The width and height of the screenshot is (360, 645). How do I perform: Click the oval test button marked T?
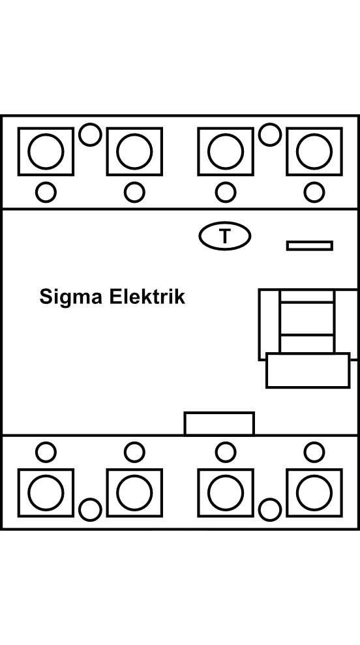[224, 236]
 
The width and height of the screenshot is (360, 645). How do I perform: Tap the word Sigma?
[71, 297]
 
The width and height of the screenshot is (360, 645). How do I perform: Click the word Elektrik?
[147, 297]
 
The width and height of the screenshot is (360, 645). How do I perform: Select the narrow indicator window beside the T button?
[310, 246]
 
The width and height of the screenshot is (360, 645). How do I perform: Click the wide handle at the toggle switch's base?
[308, 370]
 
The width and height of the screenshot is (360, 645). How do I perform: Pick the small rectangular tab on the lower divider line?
[219, 423]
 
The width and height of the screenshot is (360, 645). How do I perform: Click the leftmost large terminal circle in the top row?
[46, 151]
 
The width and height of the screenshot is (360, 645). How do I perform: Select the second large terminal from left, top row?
[134, 151]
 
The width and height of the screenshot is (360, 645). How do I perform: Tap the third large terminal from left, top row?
[226, 151]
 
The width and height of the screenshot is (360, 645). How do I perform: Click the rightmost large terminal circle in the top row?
[314, 151]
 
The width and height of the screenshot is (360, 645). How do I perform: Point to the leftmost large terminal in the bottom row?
[46, 493]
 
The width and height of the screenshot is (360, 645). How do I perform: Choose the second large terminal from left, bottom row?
[134, 493]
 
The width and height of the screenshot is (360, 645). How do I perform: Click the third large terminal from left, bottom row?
[226, 493]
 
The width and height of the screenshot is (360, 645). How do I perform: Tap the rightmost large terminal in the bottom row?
[314, 493]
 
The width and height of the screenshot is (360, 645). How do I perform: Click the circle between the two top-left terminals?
[90, 134]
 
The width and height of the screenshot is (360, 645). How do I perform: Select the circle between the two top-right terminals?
[270, 134]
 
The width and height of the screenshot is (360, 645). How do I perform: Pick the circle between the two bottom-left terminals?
[90, 509]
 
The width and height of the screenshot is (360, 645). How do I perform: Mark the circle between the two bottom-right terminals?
[270, 509]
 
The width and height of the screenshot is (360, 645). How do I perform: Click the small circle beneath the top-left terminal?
[46, 192]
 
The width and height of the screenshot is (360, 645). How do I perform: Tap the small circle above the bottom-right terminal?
[314, 452]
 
